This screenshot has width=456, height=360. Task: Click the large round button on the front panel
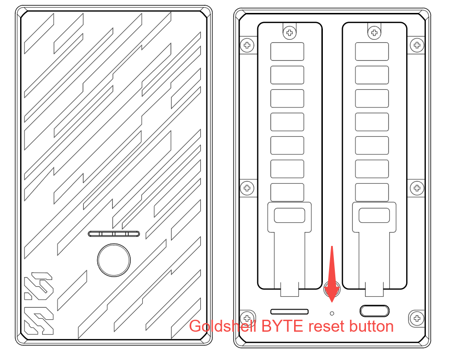(x=114, y=260)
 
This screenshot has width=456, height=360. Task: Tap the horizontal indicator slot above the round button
(x=114, y=234)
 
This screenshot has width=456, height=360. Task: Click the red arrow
(x=332, y=274)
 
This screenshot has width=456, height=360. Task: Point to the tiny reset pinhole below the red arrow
(x=332, y=313)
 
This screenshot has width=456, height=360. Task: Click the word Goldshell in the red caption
(x=222, y=326)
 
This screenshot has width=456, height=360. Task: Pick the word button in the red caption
(x=371, y=326)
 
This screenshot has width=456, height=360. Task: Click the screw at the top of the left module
(x=289, y=33)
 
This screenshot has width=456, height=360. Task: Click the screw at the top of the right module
(x=374, y=33)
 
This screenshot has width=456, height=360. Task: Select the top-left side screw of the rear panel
(x=247, y=45)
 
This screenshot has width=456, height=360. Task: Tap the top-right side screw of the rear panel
(x=417, y=45)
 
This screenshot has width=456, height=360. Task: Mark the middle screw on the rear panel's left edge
(x=247, y=188)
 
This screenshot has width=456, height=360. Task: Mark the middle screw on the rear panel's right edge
(x=417, y=188)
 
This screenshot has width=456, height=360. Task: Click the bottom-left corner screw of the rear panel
(x=247, y=318)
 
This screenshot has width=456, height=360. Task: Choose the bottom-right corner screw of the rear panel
(x=417, y=318)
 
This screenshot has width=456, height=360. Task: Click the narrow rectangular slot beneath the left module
(x=289, y=312)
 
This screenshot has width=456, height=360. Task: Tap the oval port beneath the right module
(x=374, y=311)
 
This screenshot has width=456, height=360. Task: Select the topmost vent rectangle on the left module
(x=287, y=51)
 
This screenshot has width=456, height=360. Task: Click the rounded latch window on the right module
(x=374, y=215)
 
